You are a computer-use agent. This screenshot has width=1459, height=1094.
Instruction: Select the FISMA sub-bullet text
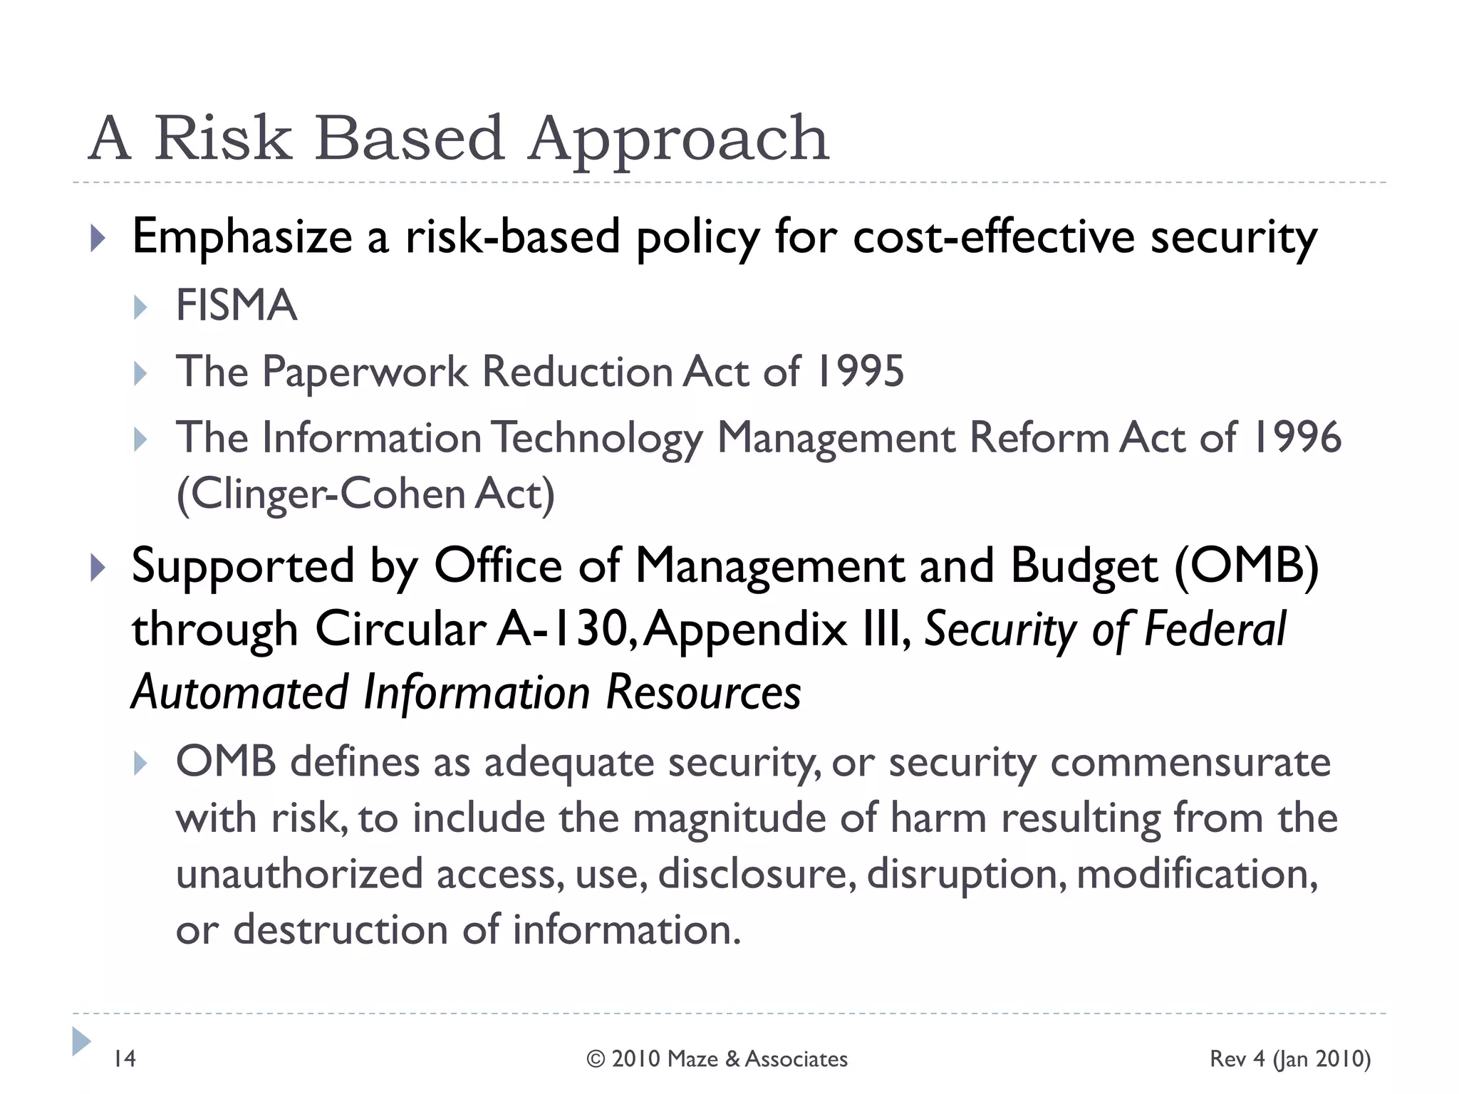tap(236, 306)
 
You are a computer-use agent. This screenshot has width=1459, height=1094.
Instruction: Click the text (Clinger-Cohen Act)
tap(365, 494)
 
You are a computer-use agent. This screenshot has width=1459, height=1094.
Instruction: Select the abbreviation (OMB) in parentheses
tap(1246, 566)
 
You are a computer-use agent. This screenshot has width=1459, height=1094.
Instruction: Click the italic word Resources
tap(703, 692)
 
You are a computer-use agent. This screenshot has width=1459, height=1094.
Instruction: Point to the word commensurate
tap(1190, 762)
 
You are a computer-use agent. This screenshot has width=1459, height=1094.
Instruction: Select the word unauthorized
tap(299, 874)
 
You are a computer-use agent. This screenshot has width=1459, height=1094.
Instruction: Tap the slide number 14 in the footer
tap(125, 1058)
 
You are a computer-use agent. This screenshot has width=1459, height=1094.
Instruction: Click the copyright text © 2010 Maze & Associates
tap(717, 1059)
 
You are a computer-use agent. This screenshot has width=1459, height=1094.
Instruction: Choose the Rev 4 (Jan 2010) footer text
tap(1289, 1059)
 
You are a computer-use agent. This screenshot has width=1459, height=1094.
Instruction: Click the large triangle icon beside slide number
tap(81, 1041)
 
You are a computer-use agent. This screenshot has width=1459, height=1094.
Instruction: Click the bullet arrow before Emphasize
tap(98, 239)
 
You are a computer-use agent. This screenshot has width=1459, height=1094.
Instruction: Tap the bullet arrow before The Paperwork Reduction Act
tap(140, 373)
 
